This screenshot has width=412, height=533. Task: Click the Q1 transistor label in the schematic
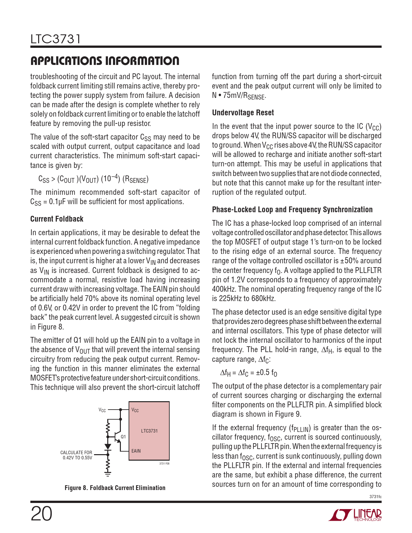click(123, 437)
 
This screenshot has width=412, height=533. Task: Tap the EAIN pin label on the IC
click(136, 451)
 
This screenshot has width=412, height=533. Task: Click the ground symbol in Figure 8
click(108, 474)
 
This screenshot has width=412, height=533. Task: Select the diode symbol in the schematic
click(108, 447)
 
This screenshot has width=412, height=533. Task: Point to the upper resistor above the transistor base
click(108, 429)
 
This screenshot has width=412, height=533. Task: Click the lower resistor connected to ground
click(108, 464)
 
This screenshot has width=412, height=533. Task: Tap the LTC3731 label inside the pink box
click(149, 431)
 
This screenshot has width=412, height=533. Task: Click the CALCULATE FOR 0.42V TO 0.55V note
click(77, 455)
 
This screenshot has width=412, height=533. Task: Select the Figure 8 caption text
click(115, 488)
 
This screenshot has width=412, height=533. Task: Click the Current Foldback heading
click(57, 219)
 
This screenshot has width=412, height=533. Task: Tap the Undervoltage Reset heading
click(243, 113)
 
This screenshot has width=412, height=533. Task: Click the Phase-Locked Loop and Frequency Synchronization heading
click(292, 210)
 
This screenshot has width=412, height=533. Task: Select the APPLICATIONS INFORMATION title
click(105, 61)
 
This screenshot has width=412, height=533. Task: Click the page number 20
click(41, 514)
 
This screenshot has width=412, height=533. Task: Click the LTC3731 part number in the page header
click(55, 39)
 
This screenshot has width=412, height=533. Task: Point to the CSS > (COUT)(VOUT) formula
click(93, 179)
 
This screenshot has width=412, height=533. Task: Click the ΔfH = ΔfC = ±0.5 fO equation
click(248, 373)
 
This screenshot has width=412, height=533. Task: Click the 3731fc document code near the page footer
click(375, 497)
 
